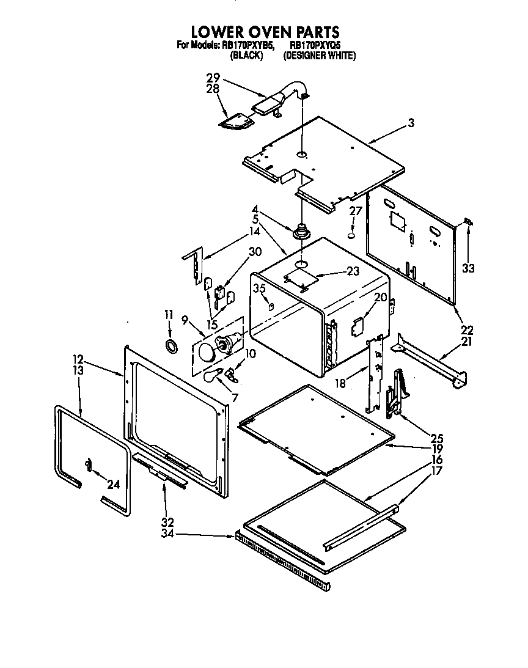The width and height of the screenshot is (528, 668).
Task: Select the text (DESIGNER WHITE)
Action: [x=319, y=56]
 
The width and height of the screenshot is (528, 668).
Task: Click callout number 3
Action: [x=411, y=123]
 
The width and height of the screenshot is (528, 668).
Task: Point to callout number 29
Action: [x=213, y=79]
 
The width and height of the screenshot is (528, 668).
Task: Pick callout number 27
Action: [x=356, y=211]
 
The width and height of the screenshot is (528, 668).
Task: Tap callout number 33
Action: [x=468, y=268]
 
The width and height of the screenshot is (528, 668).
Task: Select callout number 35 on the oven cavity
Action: [x=259, y=288]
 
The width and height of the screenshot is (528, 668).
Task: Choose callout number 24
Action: [x=112, y=486]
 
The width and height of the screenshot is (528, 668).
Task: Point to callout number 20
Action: [x=380, y=297]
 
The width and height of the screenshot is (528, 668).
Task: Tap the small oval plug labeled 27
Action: [x=352, y=235]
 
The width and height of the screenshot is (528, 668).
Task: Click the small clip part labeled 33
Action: [x=468, y=223]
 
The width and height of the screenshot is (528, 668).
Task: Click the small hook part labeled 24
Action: [x=89, y=466]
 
